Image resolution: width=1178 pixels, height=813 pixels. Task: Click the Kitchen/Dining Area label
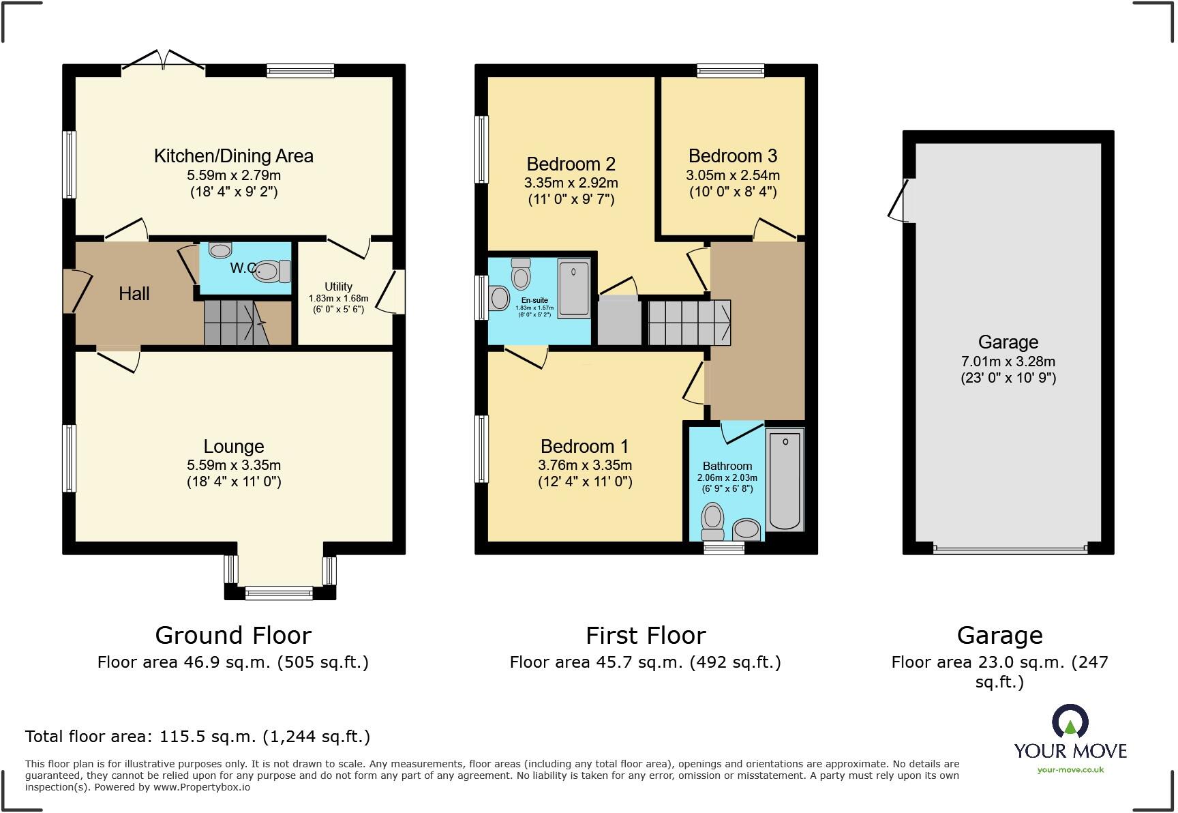pos(233,156)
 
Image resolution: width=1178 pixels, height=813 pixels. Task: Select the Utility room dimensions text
pos(338,304)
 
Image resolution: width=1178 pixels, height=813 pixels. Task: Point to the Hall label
pos(134,294)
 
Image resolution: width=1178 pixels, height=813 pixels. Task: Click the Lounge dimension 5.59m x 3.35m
pos(234,465)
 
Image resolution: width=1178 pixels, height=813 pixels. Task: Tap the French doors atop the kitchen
pos(164,61)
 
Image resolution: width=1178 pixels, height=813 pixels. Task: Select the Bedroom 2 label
pos(571,164)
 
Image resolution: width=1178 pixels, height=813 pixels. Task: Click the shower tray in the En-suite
pos(574,287)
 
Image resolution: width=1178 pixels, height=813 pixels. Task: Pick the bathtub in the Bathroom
pos(785,479)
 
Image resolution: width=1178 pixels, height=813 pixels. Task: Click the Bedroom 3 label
pos(733,156)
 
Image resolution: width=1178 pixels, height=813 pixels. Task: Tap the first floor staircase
pos(689,323)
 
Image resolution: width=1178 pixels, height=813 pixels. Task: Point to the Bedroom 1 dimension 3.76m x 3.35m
pos(585,465)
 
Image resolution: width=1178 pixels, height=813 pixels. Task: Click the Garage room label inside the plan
pos(1008,342)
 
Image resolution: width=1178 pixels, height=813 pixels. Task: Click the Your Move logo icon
pos(1070,722)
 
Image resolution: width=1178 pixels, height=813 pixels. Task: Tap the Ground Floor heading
pos(233,636)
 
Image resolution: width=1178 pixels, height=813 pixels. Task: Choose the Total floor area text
pos(198,737)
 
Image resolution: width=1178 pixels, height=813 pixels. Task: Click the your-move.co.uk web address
pos(1070,770)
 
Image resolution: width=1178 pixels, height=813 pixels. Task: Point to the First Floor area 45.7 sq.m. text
pos(645,662)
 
